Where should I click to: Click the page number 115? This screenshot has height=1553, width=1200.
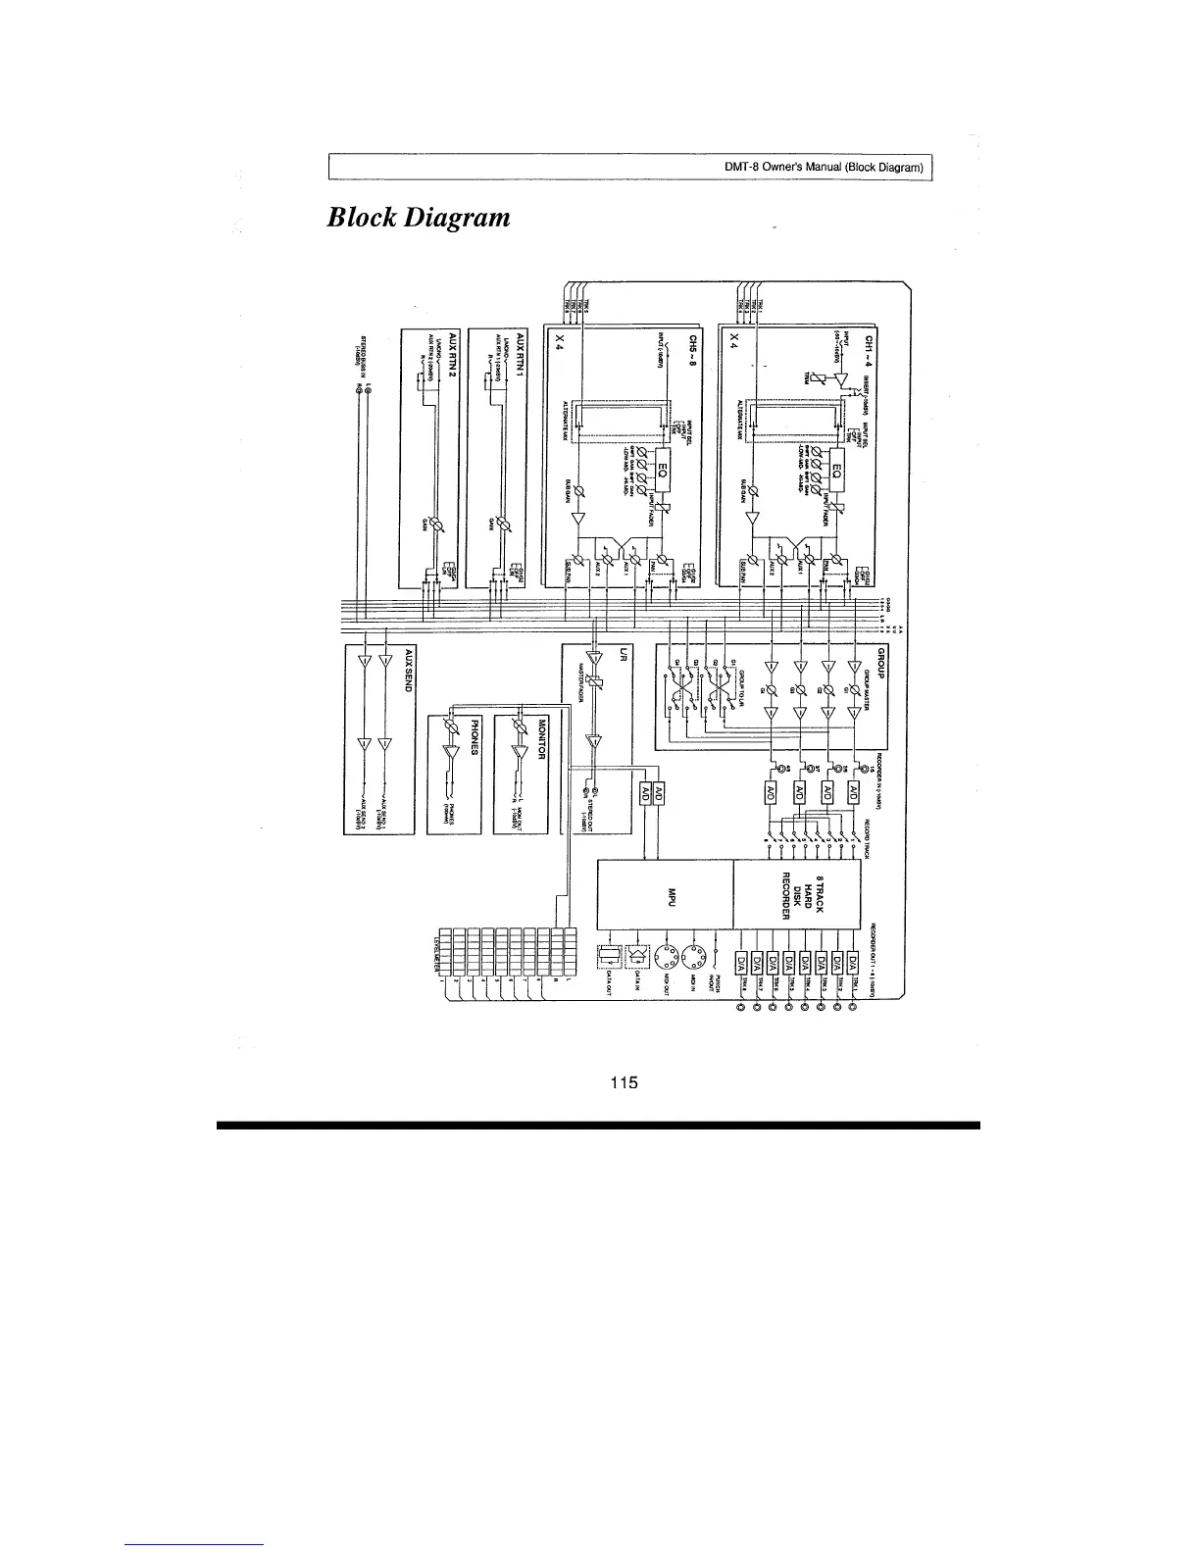pos(624,1082)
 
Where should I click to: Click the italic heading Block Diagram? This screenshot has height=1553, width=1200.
pos(419,216)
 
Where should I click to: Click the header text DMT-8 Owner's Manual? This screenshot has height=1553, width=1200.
pos(824,169)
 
